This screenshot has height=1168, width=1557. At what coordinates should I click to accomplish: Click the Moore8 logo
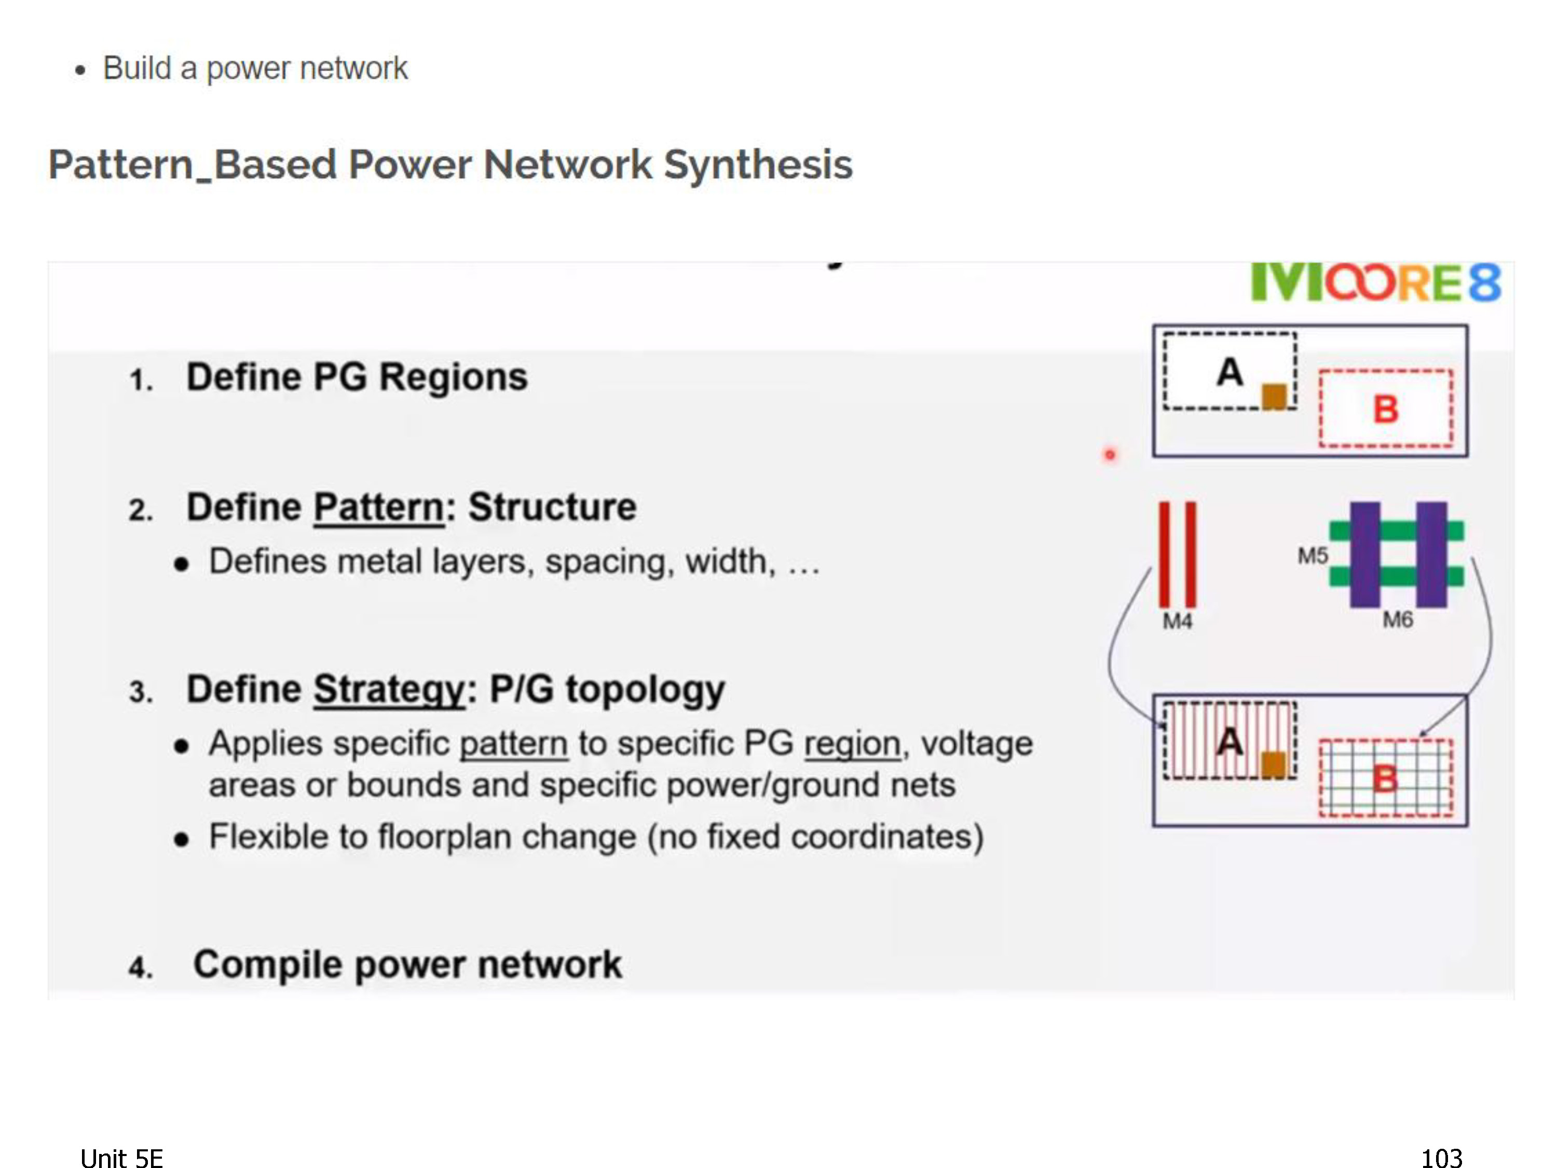tap(1375, 283)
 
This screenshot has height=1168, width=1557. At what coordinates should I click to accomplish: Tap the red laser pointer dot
tap(1110, 455)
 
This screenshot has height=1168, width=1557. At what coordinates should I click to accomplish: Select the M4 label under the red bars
tap(1177, 621)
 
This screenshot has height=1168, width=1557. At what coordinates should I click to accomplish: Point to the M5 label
tap(1313, 555)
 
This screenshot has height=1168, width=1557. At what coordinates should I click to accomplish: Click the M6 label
tap(1397, 619)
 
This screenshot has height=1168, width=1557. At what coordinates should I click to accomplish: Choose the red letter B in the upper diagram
tap(1385, 409)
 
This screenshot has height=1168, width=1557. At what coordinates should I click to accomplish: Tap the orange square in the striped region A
tap(1273, 765)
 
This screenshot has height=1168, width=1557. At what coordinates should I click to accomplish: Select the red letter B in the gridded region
tap(1385, 779)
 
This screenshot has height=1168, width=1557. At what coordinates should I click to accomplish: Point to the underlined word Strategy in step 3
tap(389, 690)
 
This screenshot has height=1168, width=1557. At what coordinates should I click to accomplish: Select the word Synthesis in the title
tap(758, 165)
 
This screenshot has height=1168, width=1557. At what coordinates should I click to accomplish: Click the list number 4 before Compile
tap(140, 967)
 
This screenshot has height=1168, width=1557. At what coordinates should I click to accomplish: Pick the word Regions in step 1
tap(453, 377)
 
